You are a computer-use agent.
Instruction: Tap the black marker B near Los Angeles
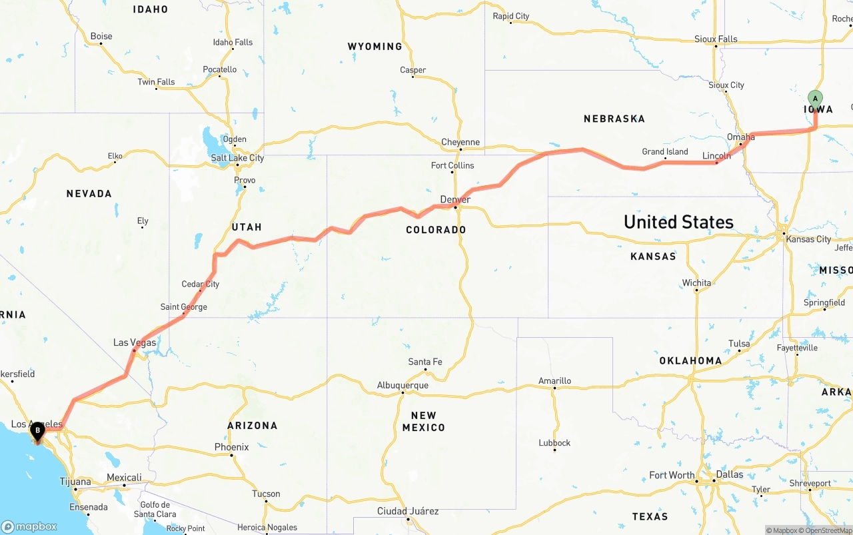click(38, 432)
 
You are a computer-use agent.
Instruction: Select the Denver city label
click(455, 200)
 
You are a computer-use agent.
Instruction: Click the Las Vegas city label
click(135, 342)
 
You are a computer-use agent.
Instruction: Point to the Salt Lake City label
click(237, 158)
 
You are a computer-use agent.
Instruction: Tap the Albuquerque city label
click(403, 385)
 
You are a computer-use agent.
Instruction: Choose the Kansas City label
click(808, 239)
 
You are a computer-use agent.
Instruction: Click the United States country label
click(678, 222)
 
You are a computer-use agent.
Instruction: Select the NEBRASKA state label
click(614, 119)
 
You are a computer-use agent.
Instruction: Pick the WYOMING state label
click(375, 47)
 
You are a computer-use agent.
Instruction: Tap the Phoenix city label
click(231, 447)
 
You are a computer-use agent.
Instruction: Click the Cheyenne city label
click(460, 142)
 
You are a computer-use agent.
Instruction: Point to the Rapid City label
click(510, 16)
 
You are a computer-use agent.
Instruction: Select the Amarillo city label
click(554, 381)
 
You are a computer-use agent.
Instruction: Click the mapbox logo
click(29, 526)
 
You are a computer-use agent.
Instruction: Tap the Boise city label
click(101, 36)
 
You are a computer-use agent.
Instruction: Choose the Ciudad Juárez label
click(408, 511)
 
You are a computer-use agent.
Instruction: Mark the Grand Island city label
click(664, 151)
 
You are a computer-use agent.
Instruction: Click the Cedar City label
click(201, 284)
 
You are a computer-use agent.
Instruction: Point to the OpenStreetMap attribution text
click(828, 530)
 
